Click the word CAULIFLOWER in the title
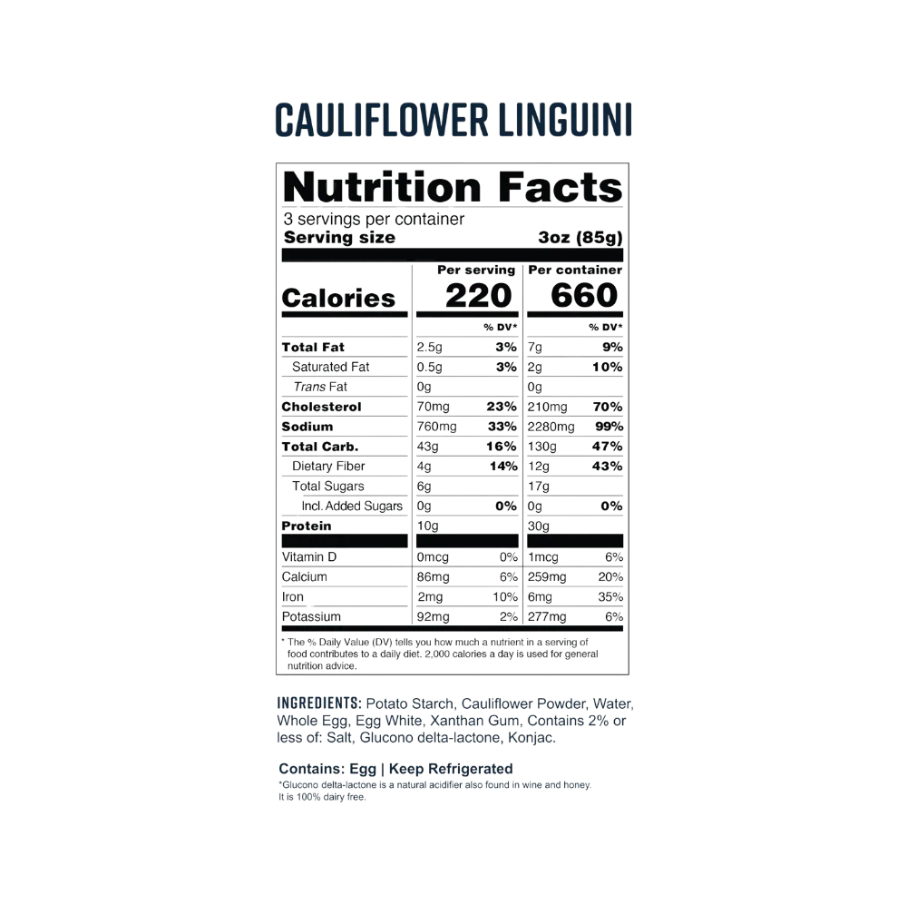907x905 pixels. (382, 120)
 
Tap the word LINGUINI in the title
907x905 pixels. (565, 120)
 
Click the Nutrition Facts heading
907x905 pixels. (453, 187)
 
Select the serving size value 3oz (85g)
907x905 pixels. (580, 238)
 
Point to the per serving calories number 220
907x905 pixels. (478, 295)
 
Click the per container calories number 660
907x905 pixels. (584, 295)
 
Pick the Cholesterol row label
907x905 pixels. (321, 407)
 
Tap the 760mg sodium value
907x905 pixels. (437, 427)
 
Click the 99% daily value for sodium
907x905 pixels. (610, 427)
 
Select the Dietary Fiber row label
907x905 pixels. (328, 466)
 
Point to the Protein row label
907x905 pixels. (307, 526)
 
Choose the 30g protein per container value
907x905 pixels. (539, 526)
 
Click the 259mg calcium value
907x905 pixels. (547, 576)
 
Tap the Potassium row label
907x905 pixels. (311, 616)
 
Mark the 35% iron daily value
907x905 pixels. (610, 597)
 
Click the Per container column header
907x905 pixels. (575, 270)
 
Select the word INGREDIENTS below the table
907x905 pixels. (319, 703)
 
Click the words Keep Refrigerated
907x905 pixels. (451, 769)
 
